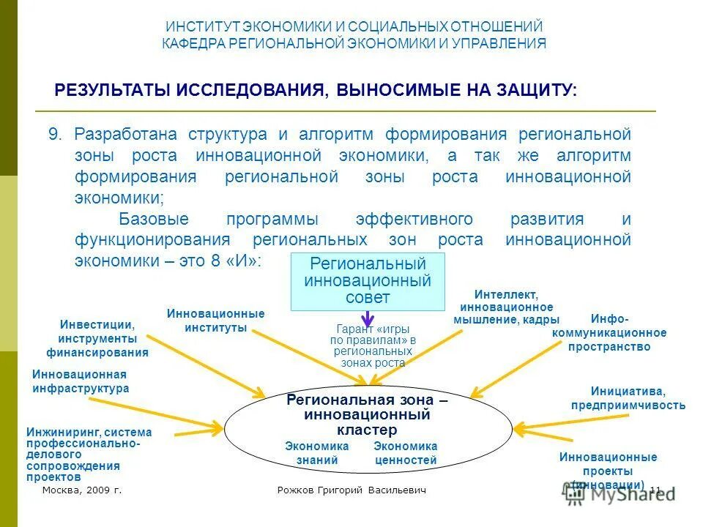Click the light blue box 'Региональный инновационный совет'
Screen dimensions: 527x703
click(368, 282)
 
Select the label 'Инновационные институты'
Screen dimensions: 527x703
click(215, 321)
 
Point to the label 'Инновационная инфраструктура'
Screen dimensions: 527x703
click(80, 381)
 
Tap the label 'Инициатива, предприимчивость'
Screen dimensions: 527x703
click(628, 398)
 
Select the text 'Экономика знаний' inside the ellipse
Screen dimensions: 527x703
click(317, 453)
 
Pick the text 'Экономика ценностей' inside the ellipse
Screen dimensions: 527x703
click(405, 453)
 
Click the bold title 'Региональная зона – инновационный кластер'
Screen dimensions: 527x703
click(367, 415)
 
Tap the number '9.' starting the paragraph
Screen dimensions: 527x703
click(56, 135)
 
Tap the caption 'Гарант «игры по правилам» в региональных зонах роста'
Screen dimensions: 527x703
click(372, 345)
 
